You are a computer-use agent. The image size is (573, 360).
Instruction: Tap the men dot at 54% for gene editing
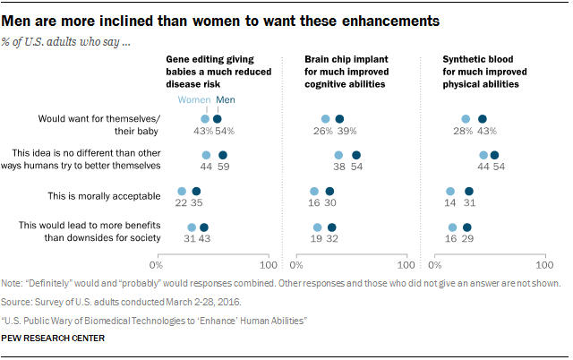[x=218, y=118]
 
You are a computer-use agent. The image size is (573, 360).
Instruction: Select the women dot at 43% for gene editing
[x=205, y=118]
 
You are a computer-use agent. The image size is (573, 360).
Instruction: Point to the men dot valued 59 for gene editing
[x=223, y=155]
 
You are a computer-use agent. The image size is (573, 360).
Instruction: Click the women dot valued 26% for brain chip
[x=326, y=118]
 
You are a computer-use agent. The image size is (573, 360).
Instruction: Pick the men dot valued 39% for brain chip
[x=339, y=118]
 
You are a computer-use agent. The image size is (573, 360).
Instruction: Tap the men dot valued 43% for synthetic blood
[x=483, y=118]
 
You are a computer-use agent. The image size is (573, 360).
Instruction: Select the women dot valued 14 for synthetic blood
[x=450, y=191]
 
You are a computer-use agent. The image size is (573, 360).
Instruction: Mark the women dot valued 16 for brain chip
[x=314, y=191]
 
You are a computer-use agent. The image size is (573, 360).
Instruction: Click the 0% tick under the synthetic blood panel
[x=439, y=265]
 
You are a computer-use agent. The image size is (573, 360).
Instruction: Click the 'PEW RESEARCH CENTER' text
[x=54, y=339]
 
